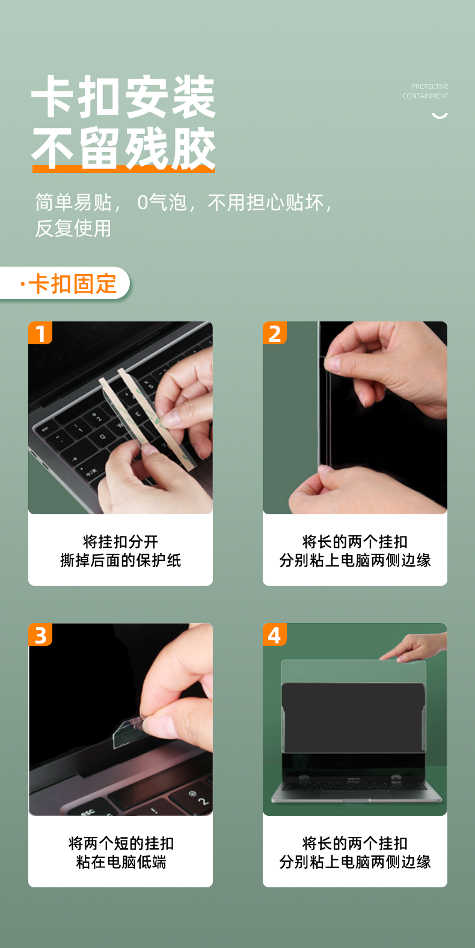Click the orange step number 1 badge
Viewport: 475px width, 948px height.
click(40, 333)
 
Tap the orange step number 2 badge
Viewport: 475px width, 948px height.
click(275, 333)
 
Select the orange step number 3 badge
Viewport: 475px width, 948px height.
click(40, 634)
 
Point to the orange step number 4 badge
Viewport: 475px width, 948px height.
click(275, 634)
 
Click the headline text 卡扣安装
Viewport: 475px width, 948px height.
click(123, 97)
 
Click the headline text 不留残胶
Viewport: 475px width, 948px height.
click(123, 148)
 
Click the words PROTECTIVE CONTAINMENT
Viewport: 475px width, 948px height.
click(426, 91)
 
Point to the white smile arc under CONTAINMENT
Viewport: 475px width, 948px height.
click(440, 116)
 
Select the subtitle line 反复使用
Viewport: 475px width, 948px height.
click(73, 228)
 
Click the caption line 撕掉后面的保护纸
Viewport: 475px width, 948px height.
click(121, 561)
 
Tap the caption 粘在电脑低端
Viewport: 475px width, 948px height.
click(121, 861)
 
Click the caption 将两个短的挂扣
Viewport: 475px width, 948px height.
click(121, 843)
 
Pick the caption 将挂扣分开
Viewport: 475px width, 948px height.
click(121, 542)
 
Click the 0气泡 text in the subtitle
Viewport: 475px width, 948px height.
click(162, 202)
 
